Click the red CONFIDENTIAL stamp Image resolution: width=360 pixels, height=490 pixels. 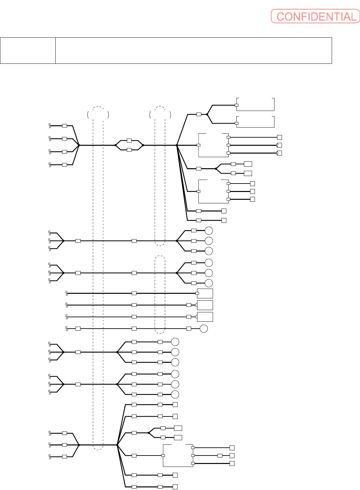(x=315, y=16)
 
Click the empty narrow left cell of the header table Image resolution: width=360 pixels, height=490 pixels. (x=28, y=50)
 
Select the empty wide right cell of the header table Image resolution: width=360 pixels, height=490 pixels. (x=193, y=50)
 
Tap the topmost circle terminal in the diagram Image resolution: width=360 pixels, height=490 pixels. (x=209, y=231)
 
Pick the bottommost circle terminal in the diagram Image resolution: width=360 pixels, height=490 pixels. (x=175, y=395)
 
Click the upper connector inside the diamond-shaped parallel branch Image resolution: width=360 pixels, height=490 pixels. (x=129, y=141)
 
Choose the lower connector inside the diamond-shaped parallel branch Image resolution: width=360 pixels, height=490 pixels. (x=129, y=150)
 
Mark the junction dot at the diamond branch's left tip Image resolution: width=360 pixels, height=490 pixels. (x=115, y=145)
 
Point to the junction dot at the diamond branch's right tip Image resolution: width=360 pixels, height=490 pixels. (x=143, y=145)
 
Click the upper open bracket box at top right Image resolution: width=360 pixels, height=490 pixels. (x=256, y=104)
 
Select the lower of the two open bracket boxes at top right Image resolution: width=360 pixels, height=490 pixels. (x=256, y=122)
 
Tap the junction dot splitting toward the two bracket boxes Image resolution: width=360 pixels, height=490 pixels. (x=207, y=114)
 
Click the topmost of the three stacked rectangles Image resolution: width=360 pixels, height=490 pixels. (x=205, y=293)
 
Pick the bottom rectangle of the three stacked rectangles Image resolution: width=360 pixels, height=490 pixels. (x=205, y=317)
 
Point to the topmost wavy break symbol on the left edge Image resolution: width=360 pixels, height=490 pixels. (x=50, y=126)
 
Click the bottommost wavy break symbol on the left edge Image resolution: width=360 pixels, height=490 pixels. (x=50, y=456)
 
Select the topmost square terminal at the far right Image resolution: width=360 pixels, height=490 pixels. (x=279, y=138)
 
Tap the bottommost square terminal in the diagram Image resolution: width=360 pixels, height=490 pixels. (x=175, y=487)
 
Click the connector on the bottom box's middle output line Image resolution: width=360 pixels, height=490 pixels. (x=220, y=456)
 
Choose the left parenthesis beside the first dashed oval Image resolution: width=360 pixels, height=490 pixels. (x=88, y=115)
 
